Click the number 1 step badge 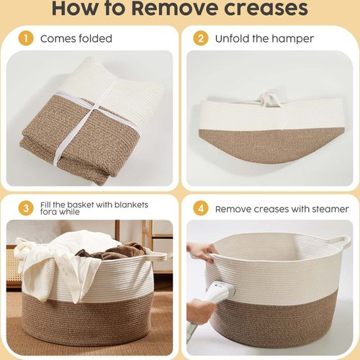tap(26, 39)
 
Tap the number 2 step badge tap(201, 39)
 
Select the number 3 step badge tap(26, 208)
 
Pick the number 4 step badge tap(201, 208)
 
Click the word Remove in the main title tap(175, 9)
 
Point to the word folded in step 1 tap(96, 38)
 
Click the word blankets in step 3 tap(131, 204)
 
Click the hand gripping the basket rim tap(201, 253)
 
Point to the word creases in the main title tap(266, 9)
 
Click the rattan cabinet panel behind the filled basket tap(13, 266)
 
